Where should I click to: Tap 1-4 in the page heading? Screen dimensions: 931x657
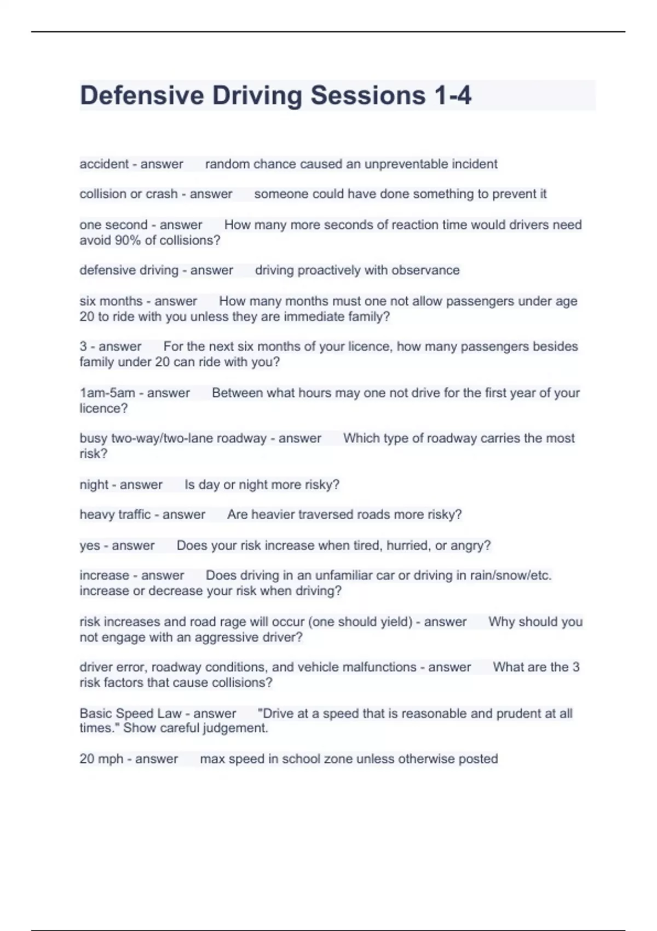(452, 95)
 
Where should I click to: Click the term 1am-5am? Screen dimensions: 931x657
(107, 393)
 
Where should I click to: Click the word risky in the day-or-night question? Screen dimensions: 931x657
(318, 485)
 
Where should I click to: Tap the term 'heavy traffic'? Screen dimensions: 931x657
(115, 515)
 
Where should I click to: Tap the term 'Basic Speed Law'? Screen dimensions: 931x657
(130, 714)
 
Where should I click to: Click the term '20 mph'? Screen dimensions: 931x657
(101, 759)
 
